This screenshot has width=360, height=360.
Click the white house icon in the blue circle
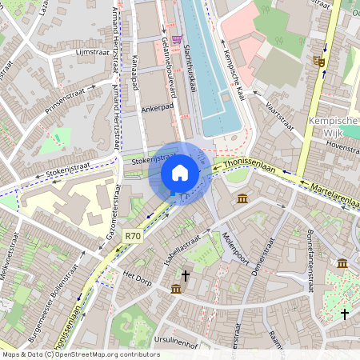click(x=180, y=173)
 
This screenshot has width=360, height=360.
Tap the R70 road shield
click(x=133, y=236)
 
